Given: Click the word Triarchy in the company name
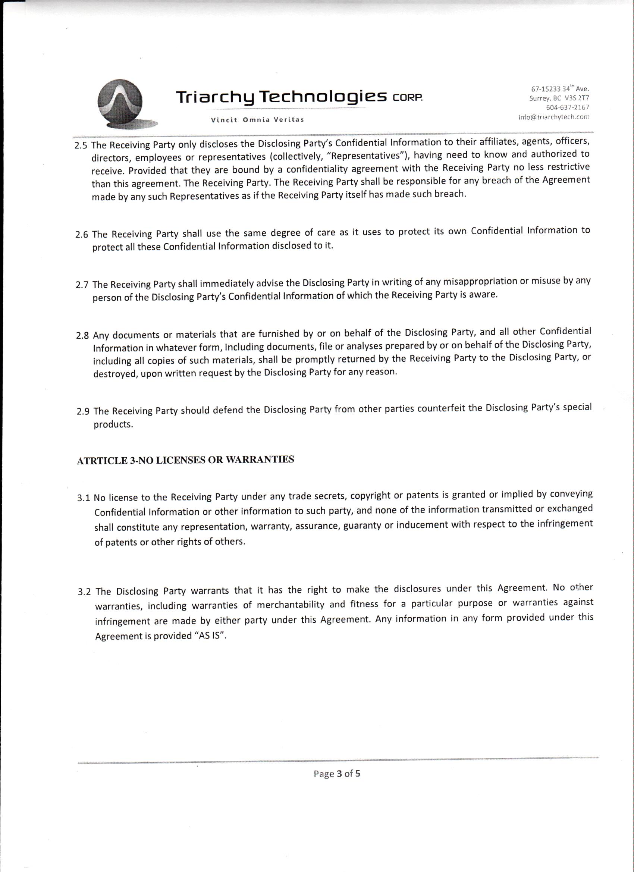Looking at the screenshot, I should tap(216, 97).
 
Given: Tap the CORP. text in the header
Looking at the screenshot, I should tap(408, 97).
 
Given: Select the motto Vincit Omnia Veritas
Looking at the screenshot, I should tap(257, 120).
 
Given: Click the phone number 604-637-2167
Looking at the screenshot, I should tap(568, 107).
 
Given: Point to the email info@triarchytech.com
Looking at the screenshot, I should tap(554, 117).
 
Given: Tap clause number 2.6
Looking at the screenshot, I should tap(82, 235).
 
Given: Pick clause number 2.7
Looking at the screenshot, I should tap(82, 285).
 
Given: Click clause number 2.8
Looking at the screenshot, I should tap(83, 336).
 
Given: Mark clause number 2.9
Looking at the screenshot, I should tap(83, 412).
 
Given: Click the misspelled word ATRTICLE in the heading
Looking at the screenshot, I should tap(102, 461).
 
